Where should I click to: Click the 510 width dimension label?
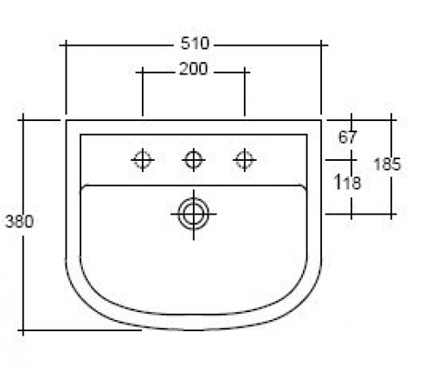coord(195,44)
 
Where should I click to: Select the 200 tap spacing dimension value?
coord(193,69)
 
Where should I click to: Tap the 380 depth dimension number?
coord(20,221)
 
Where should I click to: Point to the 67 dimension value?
coord(348,138)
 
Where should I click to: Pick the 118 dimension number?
coord(347,182)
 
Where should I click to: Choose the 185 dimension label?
coord(387,164)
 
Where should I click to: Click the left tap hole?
coord(143,160)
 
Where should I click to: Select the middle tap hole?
coord(194,160)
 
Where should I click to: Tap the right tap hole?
coord(245,160)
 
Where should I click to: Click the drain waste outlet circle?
coord(194,214)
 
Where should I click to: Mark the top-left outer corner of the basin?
coord(67,120)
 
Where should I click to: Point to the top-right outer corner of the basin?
coord(321,120)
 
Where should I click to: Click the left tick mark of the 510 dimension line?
coord(66,45)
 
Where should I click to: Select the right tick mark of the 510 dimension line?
coord(321,45)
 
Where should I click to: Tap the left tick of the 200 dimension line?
coord(143,73)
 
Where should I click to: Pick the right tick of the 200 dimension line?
coord(245,73)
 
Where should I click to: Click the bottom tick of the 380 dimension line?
coord(23,330)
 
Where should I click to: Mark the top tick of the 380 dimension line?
coord(23,119)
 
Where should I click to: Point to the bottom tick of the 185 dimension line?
coord(391,214)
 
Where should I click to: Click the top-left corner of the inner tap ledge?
coord(80,135)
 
